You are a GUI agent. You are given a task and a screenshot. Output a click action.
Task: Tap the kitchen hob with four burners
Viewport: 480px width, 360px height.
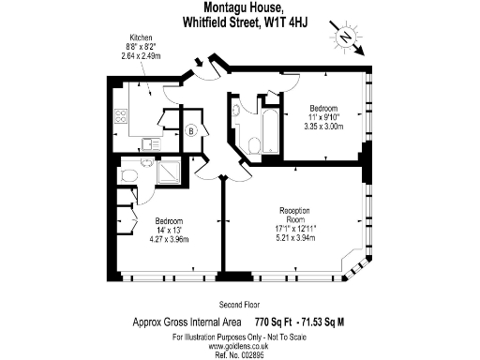click(x=120, y=117)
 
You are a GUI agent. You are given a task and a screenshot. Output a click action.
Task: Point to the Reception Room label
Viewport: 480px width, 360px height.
click(x=294, y=215)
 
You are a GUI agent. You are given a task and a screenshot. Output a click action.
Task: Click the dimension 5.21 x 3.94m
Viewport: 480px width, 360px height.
click(x=294, y=236)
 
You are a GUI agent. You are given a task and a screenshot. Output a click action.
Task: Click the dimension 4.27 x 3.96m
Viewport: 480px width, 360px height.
click(x=169, y=239)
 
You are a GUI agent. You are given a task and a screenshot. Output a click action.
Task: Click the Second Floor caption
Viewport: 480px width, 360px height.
click(x=239, y=305)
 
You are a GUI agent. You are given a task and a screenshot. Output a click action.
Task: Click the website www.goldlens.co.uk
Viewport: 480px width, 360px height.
click(x=240, y=343)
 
